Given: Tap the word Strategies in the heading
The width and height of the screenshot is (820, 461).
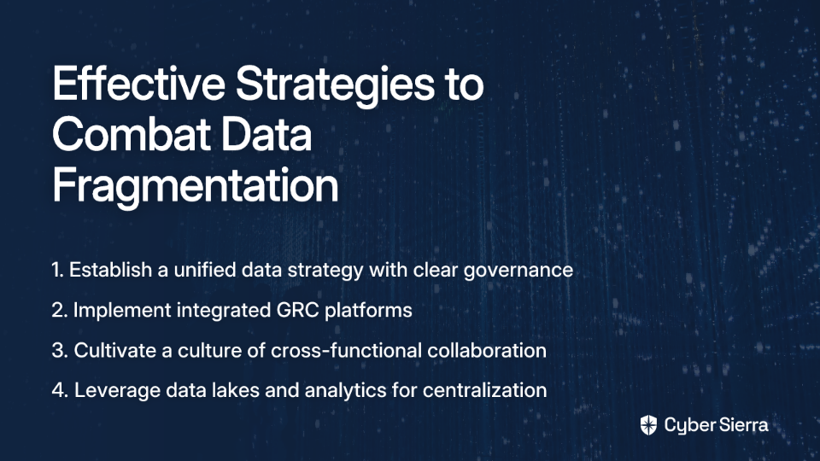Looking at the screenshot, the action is pos(335,86).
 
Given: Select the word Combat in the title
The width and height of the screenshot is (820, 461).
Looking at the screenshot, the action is pos(132,134).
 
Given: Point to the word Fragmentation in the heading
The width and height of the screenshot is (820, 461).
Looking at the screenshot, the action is pos(195,187).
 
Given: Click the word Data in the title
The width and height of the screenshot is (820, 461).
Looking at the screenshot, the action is pos(266,134).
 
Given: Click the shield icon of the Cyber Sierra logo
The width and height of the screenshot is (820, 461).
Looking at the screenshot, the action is pos(648,425).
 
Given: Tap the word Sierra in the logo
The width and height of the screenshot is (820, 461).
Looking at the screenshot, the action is pos(742,424).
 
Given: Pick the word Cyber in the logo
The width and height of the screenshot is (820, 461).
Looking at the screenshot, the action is pos(688,426).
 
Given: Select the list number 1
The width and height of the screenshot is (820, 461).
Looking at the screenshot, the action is pos(57,270).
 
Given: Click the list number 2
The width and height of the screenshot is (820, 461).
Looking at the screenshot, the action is pos(60,310).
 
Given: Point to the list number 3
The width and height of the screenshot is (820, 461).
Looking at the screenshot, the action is pos(60,350).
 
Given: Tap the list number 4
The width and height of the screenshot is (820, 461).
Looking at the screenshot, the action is pos(60,390).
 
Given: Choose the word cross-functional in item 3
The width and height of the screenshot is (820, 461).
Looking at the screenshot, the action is pos(346,350).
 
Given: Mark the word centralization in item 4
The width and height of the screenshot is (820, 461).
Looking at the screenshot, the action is pos(485,390).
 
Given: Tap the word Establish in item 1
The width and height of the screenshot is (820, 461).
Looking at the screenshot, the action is pos(110,270).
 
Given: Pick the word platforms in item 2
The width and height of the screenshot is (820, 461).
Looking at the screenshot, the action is pos(368,311).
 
